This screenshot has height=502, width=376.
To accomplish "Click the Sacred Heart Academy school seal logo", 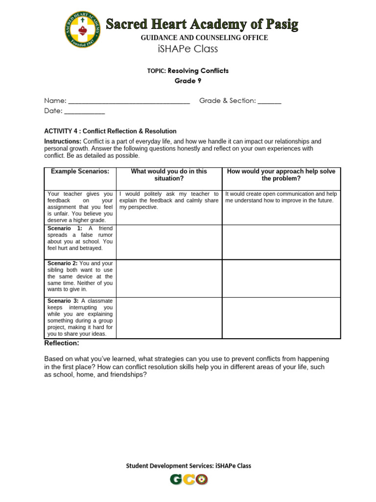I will pyautogui.click(x=83, y=31).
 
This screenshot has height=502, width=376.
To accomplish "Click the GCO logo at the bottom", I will pyautogui.click(x=189, y=479).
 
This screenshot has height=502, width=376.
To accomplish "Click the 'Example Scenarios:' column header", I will pyautogui.click(x=80, y=172).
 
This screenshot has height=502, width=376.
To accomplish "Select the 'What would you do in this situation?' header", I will pyautogui.click(x=168, y=175).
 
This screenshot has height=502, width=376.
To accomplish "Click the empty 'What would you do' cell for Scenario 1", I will pyautogui.click(x=168, y=242).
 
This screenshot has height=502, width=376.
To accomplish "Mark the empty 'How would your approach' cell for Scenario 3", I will pyautogui.click(x=281, y=318).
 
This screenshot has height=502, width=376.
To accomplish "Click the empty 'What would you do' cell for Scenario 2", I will pyautogui.click(x=168, y=277).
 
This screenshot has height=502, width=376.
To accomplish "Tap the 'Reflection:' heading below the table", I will pyautogui.click(x=62, y=343).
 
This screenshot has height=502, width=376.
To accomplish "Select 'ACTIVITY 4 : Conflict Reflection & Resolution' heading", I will pyautogui.click(x=110, y=131).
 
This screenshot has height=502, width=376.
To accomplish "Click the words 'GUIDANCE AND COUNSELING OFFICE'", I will pyautogui.click(x=204, y=38).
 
